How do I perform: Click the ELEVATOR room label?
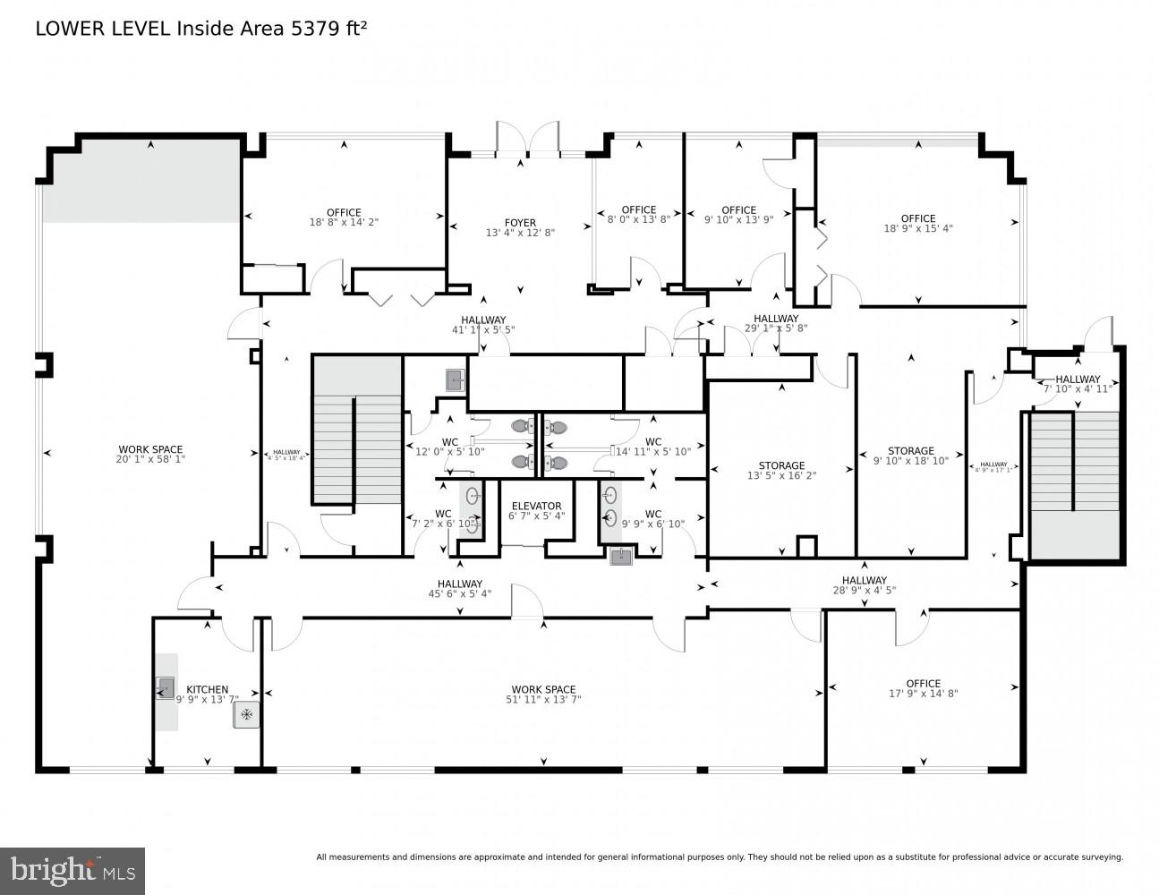536,506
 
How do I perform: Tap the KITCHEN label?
207,690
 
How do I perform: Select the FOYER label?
520,223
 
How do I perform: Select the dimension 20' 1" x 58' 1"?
150,459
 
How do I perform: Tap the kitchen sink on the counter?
166,687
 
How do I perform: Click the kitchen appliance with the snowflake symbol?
246,714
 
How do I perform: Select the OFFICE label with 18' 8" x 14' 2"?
344,212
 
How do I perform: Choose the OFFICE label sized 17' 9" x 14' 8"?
923,684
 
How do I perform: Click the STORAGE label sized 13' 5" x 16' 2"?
781,465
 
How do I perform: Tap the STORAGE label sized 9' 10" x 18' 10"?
910,451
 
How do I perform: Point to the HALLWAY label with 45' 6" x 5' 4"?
460,584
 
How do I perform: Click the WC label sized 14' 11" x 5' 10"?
653,441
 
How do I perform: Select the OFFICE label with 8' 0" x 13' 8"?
638,209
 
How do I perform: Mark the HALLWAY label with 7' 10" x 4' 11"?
1078,379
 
